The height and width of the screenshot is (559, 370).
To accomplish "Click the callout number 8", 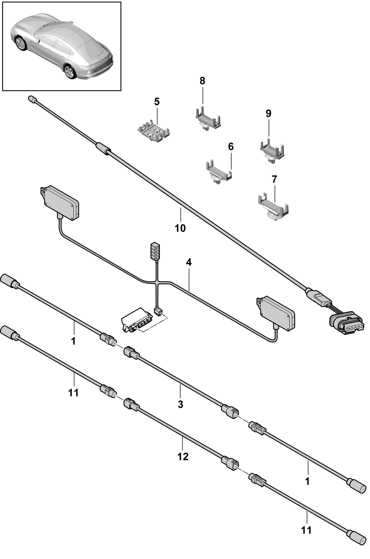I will tap(202, 81).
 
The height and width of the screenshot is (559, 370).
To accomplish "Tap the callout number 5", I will tap(157, 102).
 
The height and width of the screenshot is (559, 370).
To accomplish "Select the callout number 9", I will tap(268, 114).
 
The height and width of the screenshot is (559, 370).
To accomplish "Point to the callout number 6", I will tap(231, 147).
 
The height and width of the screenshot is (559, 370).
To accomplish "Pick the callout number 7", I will tap(274, 179).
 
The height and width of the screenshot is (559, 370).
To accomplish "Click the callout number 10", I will tap(180, 228).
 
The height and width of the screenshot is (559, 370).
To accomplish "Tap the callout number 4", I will tap(189, 262).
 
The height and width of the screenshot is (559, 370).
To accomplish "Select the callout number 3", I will tap(180, 404).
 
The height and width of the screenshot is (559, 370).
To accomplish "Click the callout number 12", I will tap(183, 456).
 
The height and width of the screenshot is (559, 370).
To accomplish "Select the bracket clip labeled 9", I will tap(272, 152).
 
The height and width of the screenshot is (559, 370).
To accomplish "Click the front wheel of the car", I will tap(21, 43).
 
